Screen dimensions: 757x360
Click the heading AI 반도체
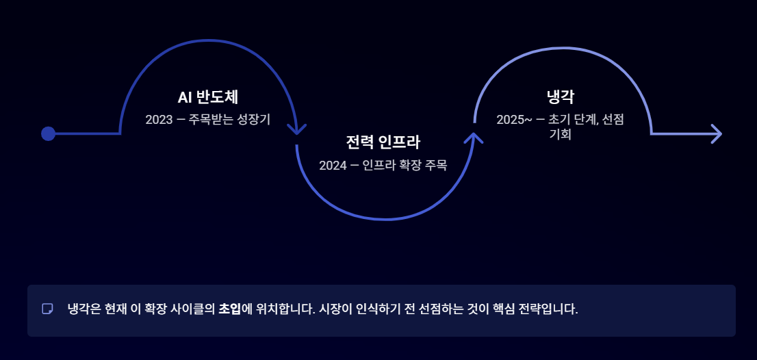point(207,97)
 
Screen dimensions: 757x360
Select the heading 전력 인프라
point(383,142)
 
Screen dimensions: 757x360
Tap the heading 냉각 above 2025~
point(560,97)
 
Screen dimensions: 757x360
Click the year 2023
point(159,120)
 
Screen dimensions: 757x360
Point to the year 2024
point(333,165)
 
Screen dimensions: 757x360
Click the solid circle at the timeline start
point(48,133)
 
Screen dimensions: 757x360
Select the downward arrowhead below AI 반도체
point(296,129)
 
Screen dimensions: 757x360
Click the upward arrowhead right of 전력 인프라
point(474,138)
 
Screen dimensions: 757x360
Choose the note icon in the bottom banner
point(47,309)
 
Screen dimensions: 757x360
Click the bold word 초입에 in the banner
point(235,309)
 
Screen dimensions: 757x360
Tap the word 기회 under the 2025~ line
point(560,134)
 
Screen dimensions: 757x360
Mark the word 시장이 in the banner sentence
point(335,309)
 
